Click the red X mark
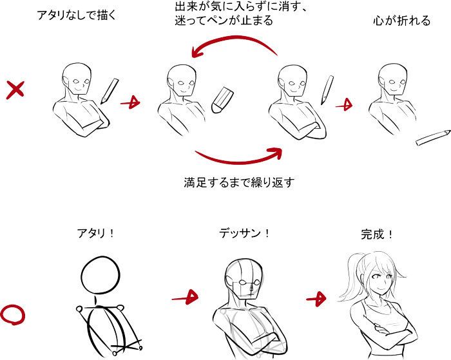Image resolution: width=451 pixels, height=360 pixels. [15, 90]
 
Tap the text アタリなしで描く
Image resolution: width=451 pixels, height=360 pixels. [77, 15]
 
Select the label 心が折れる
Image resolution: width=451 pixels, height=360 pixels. [402, 21]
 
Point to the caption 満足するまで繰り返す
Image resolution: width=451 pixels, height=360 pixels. [239, 182]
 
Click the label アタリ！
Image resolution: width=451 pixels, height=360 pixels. [96, 233]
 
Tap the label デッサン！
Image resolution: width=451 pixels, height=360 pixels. [245, 233]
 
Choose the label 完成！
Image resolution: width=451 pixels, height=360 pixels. [377, 234]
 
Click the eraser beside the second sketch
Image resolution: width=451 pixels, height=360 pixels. [222, 99]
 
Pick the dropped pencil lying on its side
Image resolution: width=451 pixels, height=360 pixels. [433, 138]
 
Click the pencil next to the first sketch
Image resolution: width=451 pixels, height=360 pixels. [110, 91]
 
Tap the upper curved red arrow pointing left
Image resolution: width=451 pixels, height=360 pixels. [235, 41]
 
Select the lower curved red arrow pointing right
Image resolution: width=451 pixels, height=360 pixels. [239, 161]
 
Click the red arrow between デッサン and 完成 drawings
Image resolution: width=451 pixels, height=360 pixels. [316, 299]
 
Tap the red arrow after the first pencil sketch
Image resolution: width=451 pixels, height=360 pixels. [130, 102]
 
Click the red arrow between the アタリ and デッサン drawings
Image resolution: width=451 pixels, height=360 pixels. [185, 298]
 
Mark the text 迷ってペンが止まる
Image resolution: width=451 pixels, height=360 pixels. [224, 21]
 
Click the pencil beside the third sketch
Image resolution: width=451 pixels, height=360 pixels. [327, 90]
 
